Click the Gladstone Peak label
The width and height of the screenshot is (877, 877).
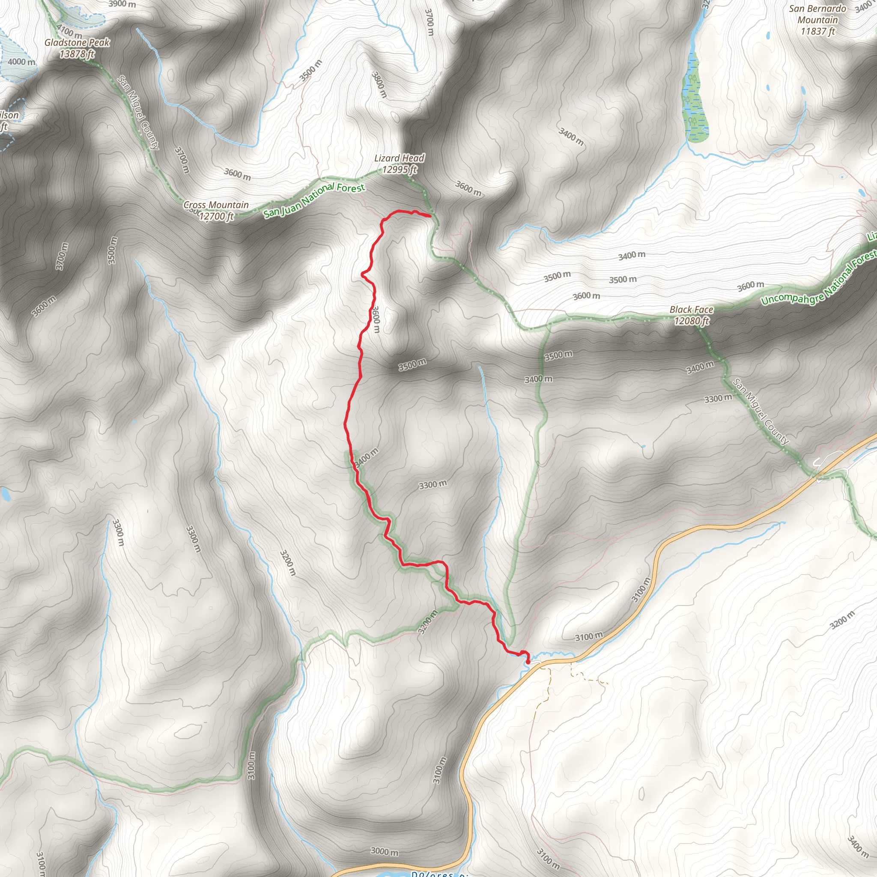click(77, 43)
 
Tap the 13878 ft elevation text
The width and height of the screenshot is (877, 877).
click(77, 54)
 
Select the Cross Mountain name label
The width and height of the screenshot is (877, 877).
click(216, 205)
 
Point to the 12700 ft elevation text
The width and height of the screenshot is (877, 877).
click(216, 216)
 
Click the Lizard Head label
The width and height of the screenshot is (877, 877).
click(399, 158)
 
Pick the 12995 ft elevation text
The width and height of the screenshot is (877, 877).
click(399, 169)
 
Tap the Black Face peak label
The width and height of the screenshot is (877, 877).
click(691, 310)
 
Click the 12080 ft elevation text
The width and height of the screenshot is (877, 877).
click(691, 321)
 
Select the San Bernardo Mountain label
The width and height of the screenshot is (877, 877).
click(817, 14)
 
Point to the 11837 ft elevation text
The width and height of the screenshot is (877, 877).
click(817, 31)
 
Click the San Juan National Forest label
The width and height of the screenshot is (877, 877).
click(314, 199)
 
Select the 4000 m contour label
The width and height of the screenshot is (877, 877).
click(21, 62)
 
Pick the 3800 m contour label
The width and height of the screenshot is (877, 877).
click(379, 84)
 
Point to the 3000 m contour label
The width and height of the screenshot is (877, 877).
click(385, 851)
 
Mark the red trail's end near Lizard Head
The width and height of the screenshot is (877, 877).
click(429, 216)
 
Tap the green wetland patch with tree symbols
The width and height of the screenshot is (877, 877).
click(695, 102)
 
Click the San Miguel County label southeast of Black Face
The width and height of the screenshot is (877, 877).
click(761, 411)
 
